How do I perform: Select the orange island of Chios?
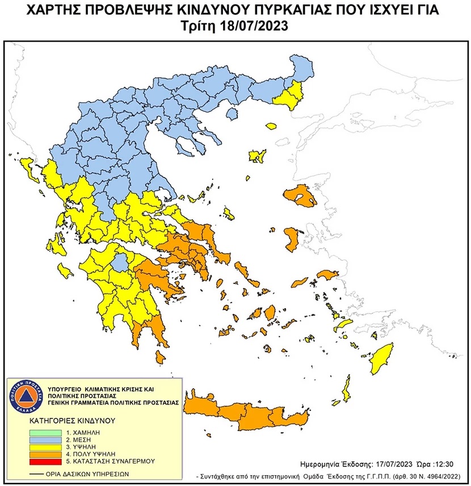point(293,239)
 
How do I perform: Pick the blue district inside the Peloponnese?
point(119,262)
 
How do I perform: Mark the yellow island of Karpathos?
point(345,392)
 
